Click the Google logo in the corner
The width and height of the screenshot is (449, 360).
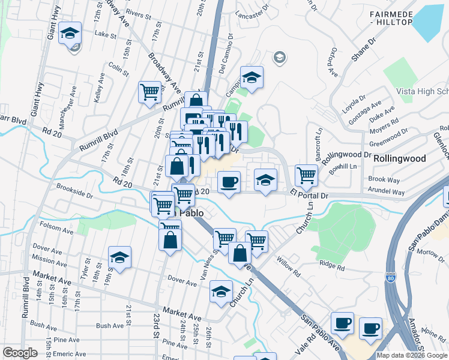point(20,353)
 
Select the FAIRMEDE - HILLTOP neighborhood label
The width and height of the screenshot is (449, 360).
point(391,18)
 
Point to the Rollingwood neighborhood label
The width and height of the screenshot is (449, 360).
point(399,159)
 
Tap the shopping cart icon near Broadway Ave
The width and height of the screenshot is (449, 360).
point(149,92)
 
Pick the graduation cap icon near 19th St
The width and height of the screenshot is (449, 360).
point(119,257)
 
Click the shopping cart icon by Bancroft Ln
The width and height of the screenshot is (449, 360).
point(306,175)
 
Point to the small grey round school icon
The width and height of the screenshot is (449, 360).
point(279,58)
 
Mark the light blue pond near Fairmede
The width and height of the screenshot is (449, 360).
point(430,22)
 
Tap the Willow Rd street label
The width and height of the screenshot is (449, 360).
point(289,266)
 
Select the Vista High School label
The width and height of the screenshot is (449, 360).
point(422,91)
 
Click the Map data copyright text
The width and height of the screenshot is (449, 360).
point(412,355)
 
